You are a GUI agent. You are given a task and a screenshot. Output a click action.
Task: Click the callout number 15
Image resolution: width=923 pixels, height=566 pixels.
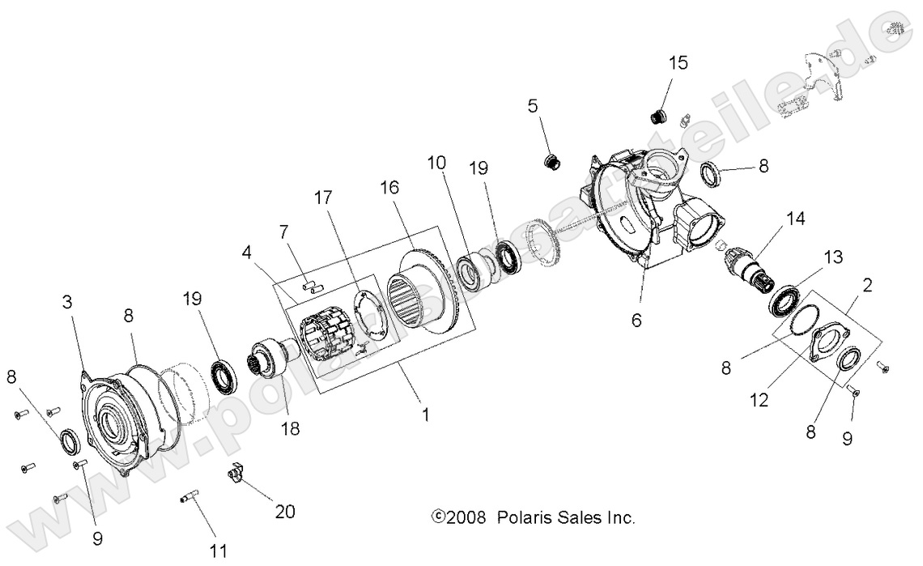click(x=678, y=63)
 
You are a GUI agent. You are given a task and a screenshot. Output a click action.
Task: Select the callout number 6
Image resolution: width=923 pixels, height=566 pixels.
click(x=636, y=321)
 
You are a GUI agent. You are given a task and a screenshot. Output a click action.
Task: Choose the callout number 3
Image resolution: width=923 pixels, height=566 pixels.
click(x=68, y=304)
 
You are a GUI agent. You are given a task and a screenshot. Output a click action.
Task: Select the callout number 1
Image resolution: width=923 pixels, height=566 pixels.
click(x=424, y=415)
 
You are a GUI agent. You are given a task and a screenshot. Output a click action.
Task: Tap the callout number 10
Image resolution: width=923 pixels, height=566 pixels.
click(x=437, y=163)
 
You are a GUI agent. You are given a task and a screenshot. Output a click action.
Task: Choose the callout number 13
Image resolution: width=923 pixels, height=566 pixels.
click(x=834, y=257)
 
